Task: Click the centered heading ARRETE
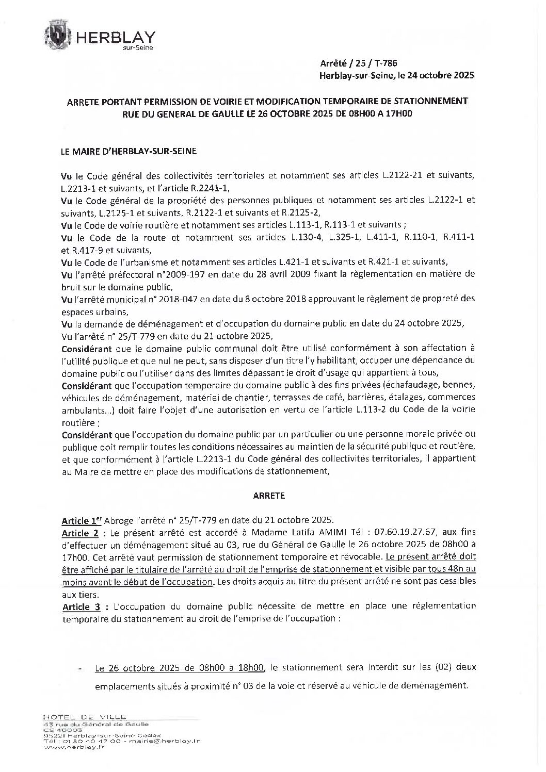coord(269,496)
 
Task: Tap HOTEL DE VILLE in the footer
coord(85,717)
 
